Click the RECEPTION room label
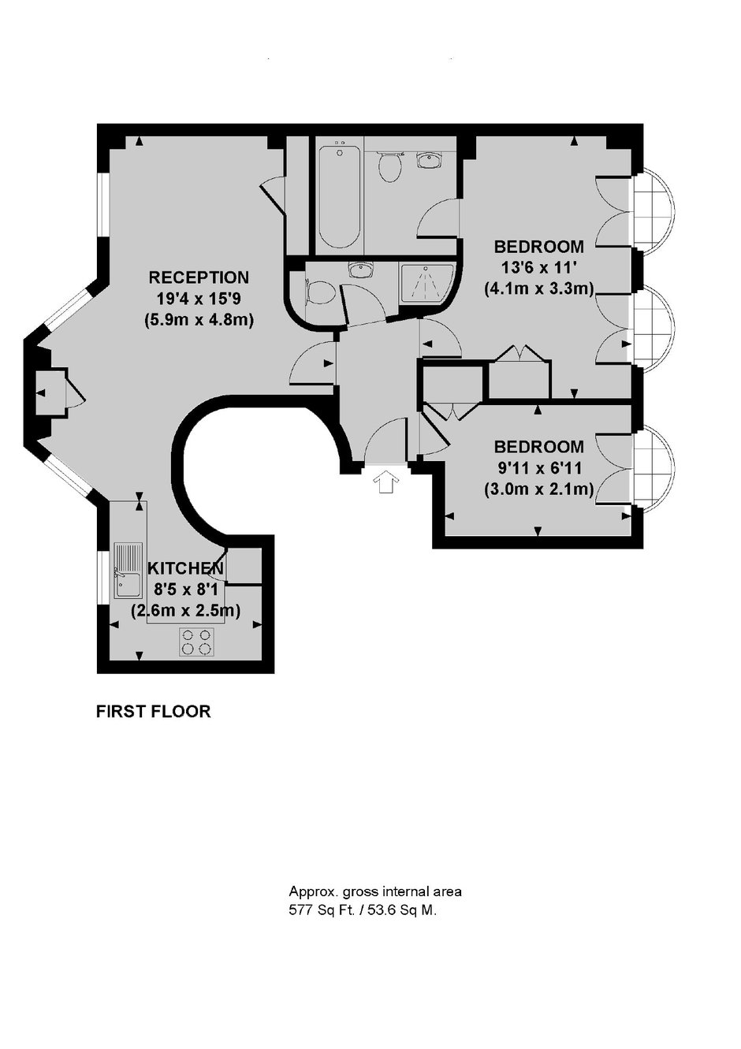(x=199, y=277)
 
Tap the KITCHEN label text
(x=185, y=568)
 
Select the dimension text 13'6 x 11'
(x=538, y=268)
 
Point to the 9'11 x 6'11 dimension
(x=538, y=468)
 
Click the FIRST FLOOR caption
(x=153, y=712)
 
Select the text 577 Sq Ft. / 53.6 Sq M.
(x=363, y=911)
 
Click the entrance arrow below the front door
(x=386, y=482)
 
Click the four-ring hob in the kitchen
(x=197, y=642)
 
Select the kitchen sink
(x=128, y=570)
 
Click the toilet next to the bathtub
(x=389, y=166)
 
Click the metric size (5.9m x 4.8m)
(x=199, y=320)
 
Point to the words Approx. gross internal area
(x=375, y=891)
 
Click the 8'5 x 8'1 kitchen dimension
(x=185, y=590)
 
